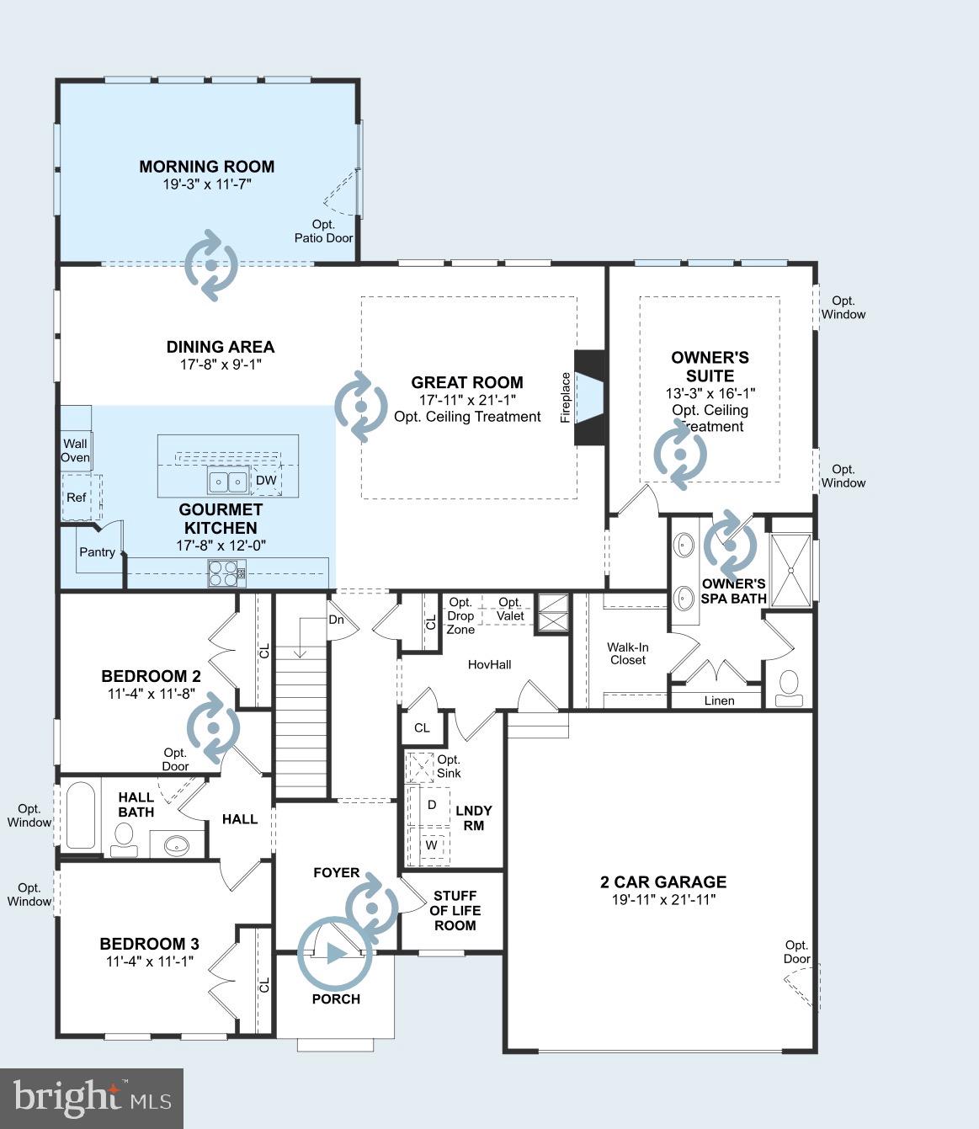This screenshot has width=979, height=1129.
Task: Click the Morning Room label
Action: click(207, 166)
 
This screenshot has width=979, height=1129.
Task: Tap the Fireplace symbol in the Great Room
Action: click(589, 397)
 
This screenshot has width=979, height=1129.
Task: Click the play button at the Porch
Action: click(335, 954)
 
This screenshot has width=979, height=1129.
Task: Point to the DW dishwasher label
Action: click(266, 480)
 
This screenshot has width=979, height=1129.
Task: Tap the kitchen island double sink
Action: click(228, 482)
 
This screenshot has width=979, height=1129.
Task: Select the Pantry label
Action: click(97, 551)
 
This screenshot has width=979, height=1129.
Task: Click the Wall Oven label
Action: click(75, 450)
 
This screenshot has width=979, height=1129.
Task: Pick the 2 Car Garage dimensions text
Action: click(663, 899)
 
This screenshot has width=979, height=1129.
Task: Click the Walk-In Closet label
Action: click(628, 653)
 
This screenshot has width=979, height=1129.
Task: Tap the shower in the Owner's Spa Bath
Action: click(791, 570)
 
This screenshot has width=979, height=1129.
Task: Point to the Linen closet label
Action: click(719, 700)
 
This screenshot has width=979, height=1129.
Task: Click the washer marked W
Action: click(431, 844)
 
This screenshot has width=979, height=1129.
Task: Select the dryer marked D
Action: click(432, 805)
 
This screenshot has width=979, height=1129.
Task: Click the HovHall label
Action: click(489, 664)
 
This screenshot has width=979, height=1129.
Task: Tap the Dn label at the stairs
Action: click(337, 619)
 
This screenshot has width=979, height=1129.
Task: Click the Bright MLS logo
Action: click(92, 1099)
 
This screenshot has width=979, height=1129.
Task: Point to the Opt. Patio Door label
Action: click(324, 232)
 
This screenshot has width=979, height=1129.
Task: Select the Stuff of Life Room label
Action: click(455, 910)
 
